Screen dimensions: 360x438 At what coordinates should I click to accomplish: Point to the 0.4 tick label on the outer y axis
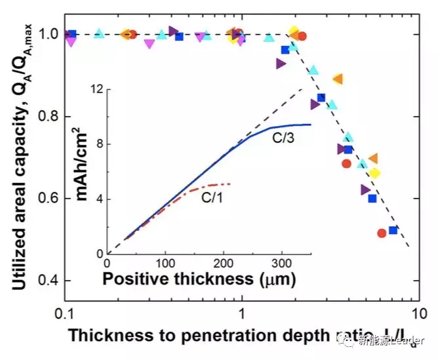[50, 281]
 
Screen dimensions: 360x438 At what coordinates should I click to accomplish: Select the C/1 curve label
[213, 197]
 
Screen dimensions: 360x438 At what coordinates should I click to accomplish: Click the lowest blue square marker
[393, 230]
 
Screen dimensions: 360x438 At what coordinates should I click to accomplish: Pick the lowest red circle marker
[382, 233]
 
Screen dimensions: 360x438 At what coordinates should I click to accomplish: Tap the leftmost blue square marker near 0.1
[73, 34]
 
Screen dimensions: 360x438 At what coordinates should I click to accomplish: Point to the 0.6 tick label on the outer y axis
[50, 199]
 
